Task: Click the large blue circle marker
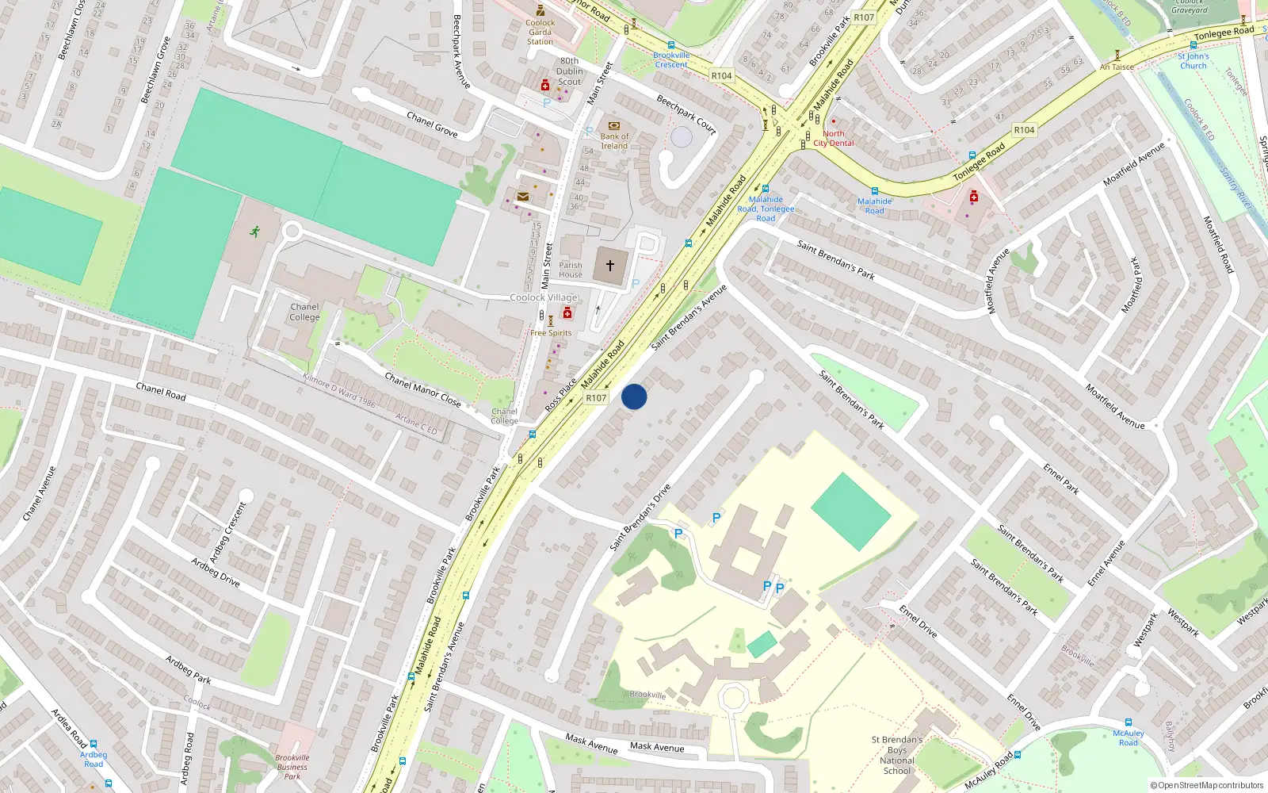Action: (x=634, y=396)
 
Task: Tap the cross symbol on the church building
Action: (x=610, y=266)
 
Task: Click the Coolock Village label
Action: (x=544, y=297)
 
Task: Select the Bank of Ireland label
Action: (x=614, y=141)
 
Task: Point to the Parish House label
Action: (x=571, y=270)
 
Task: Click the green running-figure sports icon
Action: (x=254, y=232)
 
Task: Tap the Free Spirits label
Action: (x=551, y=333)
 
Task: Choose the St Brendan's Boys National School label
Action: (x=897, y=755)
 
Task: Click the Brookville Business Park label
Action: (x=292, y=767)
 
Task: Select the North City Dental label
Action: (x=834, y=139)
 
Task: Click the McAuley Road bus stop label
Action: (x=1128, y=737)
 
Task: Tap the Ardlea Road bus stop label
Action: (x=94, y=759)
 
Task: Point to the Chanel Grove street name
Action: (x=432, y=125)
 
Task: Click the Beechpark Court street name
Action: (x=686, y=114)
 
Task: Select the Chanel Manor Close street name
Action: (x=422, y=389)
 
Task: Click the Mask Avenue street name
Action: (x=657, y=747)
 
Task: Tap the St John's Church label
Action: (x=1193, y=61)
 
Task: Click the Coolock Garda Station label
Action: (x=540, y=32)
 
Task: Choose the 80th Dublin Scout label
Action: (x=570, y=71)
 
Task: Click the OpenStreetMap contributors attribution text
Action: (x=1207, y=786)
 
